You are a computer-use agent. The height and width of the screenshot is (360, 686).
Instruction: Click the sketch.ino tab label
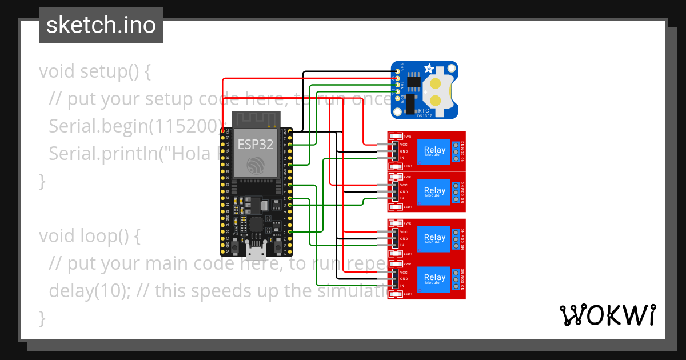pyautogui.click(x=101, y=25)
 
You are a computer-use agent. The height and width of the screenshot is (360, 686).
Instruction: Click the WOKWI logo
pyautogui.click(x=607, y=315)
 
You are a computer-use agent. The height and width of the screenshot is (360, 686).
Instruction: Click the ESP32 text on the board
pyautogui.click(x=256, y=144)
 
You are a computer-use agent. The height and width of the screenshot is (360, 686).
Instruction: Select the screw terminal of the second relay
pyautogui.click(x=456, y=193)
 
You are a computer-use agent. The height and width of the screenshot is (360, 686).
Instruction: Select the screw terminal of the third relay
pyautogui.click(x=456, y=239)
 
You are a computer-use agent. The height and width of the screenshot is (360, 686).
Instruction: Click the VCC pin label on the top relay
pyautogui.click(x=404, y=145)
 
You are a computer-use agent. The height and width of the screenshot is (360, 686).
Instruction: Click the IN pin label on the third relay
pyautogui.click(x=402, y=245)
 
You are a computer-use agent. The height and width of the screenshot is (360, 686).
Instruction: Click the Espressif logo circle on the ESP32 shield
pyautogui.click(x=256, y=166)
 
